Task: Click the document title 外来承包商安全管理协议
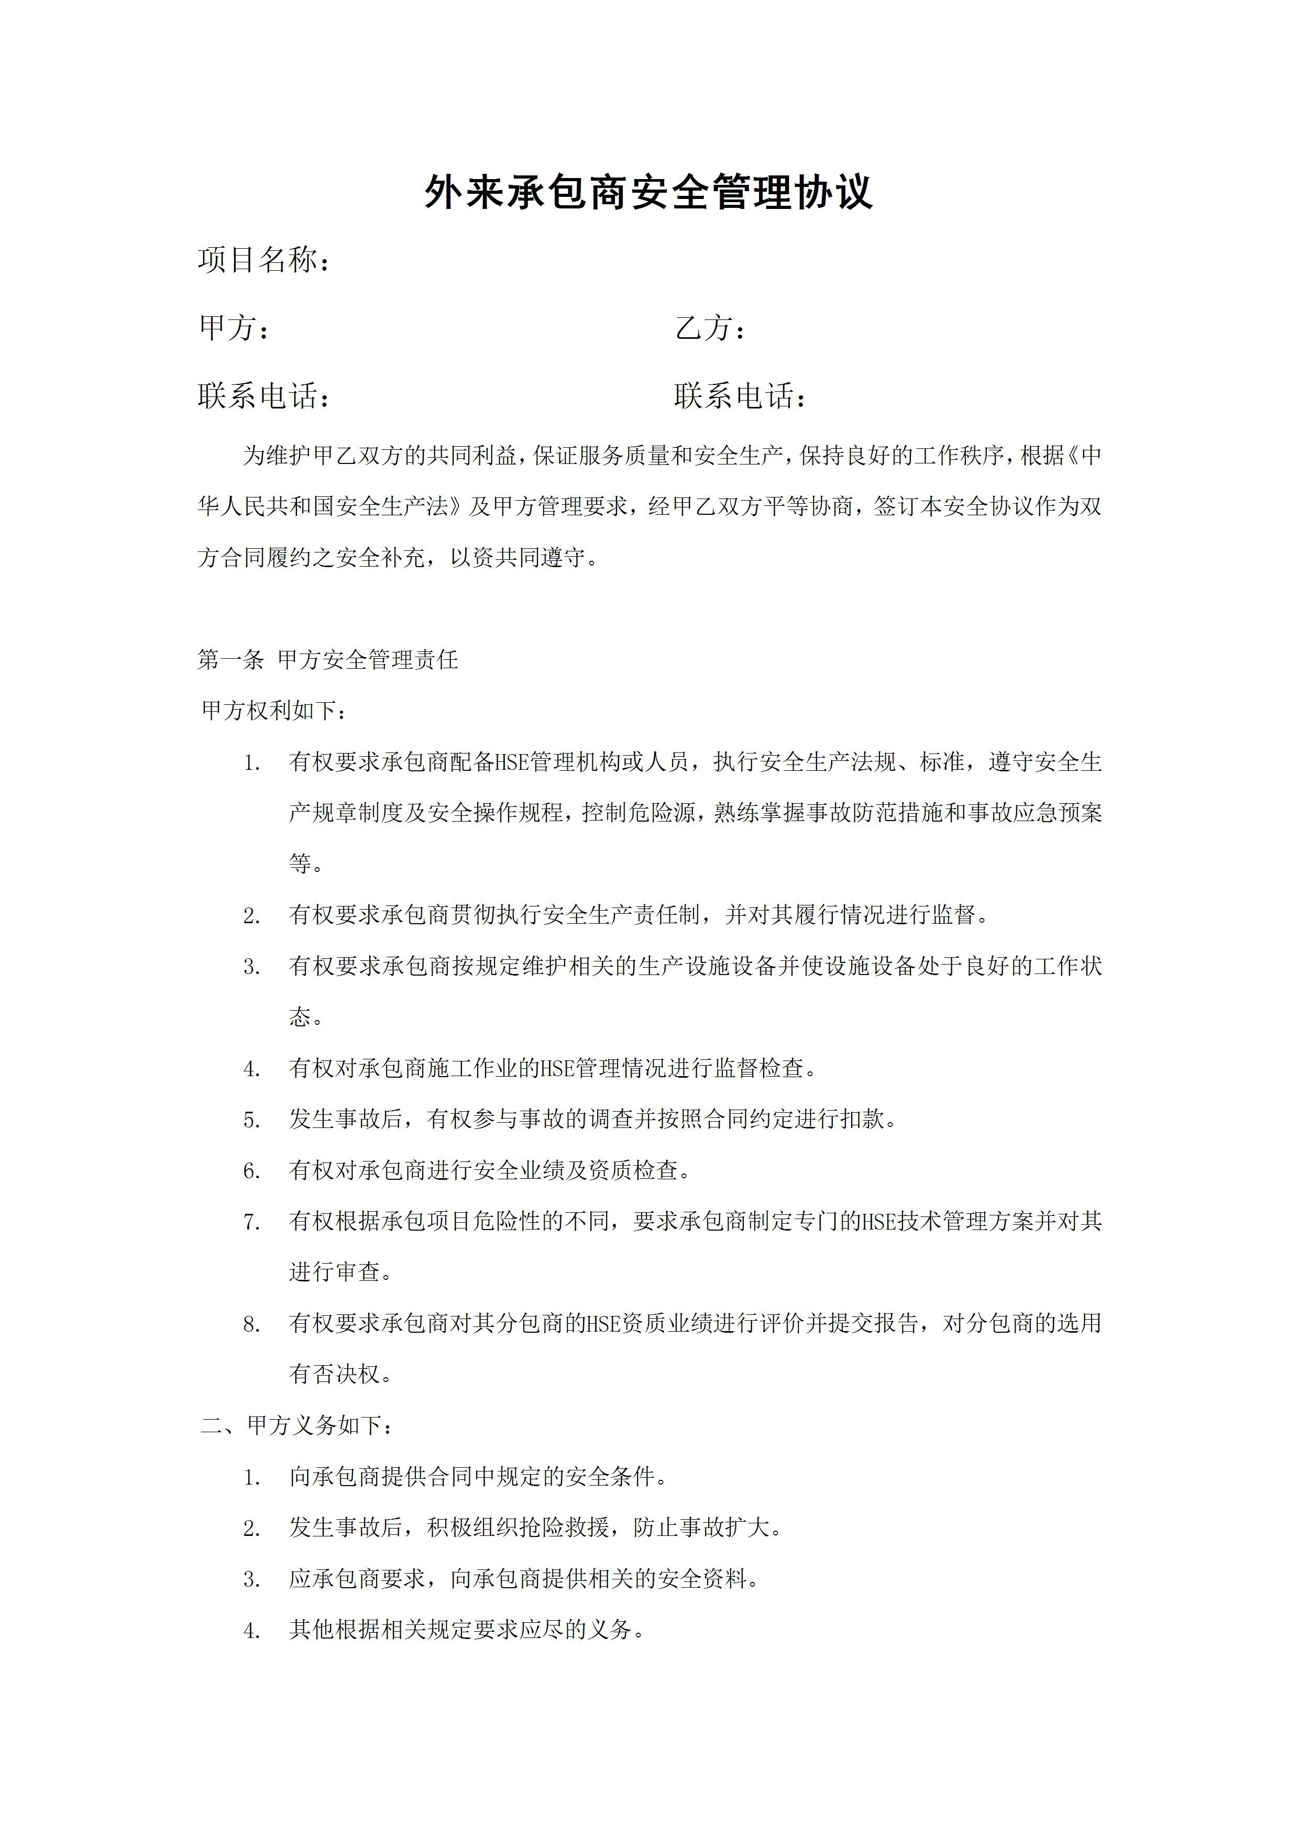(x=648, y=193)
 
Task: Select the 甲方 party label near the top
(x=227, y=327)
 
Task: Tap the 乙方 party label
(x=704, y=327)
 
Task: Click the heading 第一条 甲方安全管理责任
(x=327, y=659)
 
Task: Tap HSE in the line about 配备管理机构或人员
(x=512, y=762)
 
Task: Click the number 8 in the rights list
(x=251, y=1325)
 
